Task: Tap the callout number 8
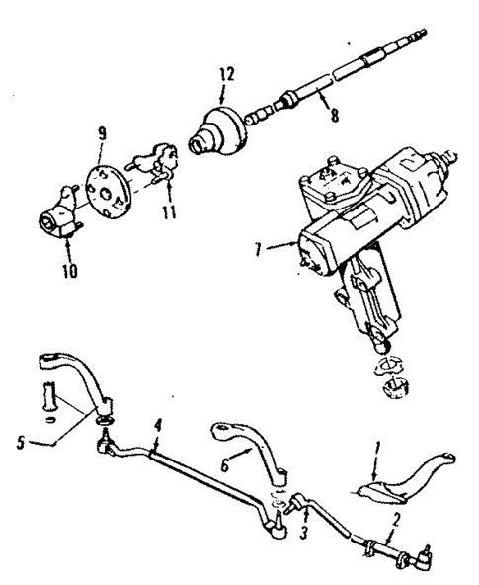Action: (x=335, y=115)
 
